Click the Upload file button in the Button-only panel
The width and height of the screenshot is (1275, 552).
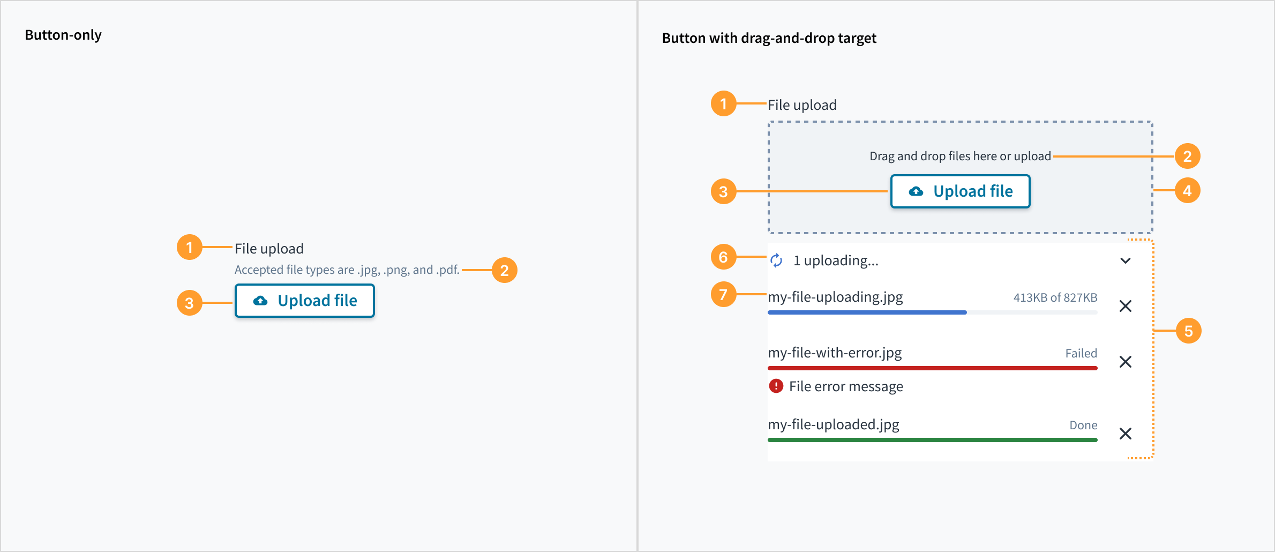[305, 301]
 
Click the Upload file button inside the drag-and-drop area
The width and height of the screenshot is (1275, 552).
[960, 191]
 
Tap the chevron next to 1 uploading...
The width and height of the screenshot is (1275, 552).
[1126, 261]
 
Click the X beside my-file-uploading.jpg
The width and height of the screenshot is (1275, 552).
[1126, 306]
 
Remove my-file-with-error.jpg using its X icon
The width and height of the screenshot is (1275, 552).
[1126, 362]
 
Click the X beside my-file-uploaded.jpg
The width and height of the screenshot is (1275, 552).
[1126, 434]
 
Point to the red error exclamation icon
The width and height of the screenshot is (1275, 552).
[776, 386]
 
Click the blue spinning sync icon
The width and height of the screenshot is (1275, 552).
[776, 260]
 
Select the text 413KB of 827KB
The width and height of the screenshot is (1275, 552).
[1055, 297]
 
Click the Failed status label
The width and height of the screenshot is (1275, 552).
[1081, 353]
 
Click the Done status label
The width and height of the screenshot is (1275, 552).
[1083, 425]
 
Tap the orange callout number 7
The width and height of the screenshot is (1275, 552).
[723, 294]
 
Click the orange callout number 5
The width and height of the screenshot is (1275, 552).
[1188, 331]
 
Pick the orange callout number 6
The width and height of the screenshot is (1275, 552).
[723, 257]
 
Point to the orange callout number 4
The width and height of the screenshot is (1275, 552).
[1187, 190]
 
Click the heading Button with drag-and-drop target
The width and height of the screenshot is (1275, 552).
[769, 38]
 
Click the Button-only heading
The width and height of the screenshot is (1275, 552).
[63, 35]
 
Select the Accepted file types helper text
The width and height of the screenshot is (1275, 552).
[347, 270]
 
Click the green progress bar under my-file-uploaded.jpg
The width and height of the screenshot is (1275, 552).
[933, 440]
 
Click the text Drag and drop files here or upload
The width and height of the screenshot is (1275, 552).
[960, 156]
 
